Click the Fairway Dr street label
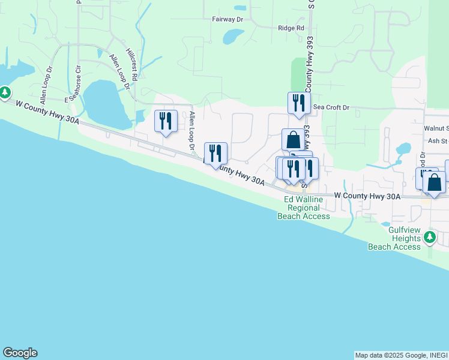pos(227,19)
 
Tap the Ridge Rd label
pos(291,28)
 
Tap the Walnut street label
pos(436,128)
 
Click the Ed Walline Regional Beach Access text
pos(304,208)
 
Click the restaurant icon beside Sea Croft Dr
pos(298,103)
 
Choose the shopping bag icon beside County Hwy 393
pos(293,139)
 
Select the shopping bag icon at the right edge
pos(434,182)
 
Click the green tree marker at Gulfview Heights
pos(429,238)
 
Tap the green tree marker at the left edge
pos(5,92)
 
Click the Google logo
pos(20,353)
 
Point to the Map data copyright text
pos(401,355)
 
